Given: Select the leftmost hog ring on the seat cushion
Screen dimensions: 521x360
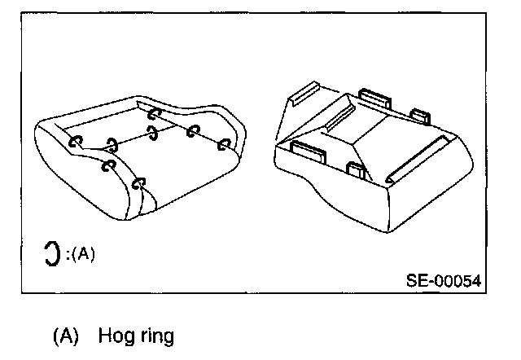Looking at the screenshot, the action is click(x=76, y=140).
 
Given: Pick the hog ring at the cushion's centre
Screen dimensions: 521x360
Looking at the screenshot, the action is click(x=152, y=133).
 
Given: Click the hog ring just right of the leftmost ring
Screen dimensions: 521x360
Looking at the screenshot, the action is click(x=112, y=145).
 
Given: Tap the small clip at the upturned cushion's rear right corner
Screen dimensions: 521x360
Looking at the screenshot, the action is click(x=421, y=115).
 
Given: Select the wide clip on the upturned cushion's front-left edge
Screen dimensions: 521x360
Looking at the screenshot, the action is click(x=307, y=150).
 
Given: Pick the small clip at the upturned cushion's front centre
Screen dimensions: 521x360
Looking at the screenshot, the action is click(x=355, y=170).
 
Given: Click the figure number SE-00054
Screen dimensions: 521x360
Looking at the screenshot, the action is click(x=443, y=281).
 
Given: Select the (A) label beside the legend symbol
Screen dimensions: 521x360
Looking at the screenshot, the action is click(x=82, y=253).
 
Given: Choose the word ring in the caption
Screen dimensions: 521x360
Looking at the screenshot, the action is click(x=155, y=336).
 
